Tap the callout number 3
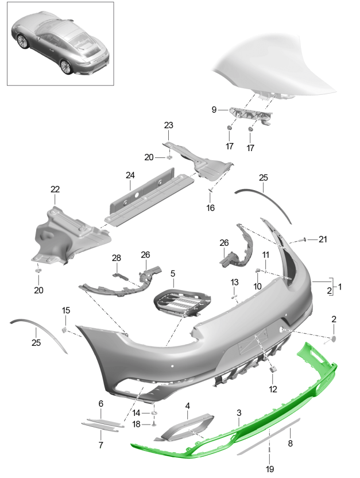[239, 413]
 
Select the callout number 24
[130, 175]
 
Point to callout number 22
[55, 190]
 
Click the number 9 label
[214, 109]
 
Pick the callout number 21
[323, 240]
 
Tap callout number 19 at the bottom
[270, 469]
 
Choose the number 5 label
[173, 273]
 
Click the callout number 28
[117, 258]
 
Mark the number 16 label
[211, 208]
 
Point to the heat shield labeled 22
[70, 236]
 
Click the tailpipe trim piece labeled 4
[184, 427]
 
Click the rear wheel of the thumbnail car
[66, 67]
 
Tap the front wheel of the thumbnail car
[22, 41]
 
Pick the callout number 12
[273, 389]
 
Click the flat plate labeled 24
[149, 196]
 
